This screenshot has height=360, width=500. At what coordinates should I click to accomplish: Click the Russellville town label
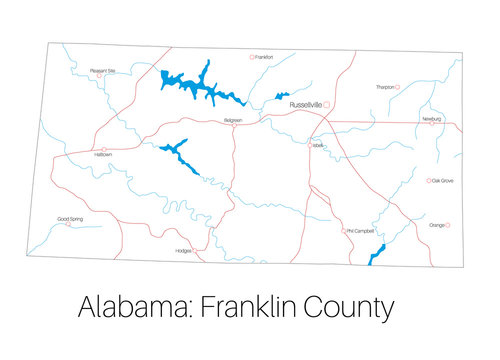click(304, 104)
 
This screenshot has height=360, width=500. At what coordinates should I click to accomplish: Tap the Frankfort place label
click(263, 57)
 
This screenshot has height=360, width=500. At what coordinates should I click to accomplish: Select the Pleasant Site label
click(103, 71)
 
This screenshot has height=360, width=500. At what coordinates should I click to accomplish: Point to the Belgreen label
click(233, 120)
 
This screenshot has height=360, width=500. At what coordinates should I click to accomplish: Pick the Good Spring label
click(70, 218)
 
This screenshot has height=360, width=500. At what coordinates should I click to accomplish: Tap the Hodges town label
click(183, 250)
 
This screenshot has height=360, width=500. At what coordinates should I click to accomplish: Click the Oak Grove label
click(442, 181)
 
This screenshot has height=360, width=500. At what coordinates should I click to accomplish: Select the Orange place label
click(436, 226)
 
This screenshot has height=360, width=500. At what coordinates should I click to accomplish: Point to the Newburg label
click(431, 118)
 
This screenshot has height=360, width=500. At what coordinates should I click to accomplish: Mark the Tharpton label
click(384, 87)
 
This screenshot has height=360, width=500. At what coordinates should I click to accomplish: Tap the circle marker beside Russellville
click(326, 104)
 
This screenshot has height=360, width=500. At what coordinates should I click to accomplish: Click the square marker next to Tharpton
click(398, 87)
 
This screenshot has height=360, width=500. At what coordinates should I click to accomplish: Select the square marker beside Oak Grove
click(429, 181)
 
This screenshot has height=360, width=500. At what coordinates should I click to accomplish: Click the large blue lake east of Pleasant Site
click(200, 85)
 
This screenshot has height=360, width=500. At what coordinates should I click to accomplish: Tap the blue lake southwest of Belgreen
click(179, 155)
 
